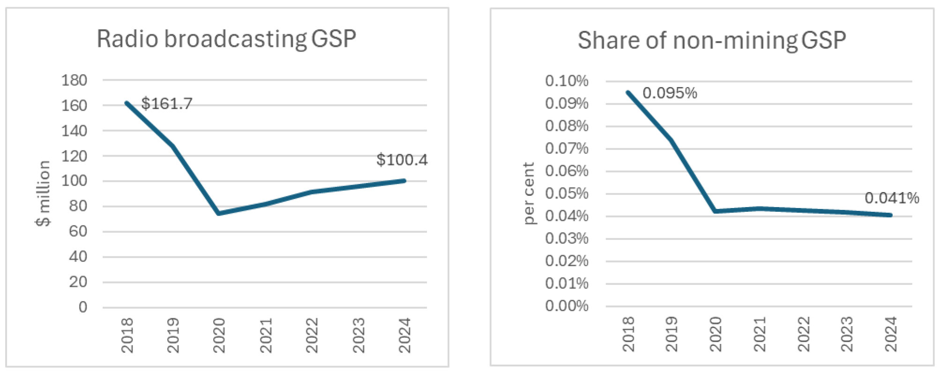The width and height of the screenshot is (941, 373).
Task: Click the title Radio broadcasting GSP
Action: (x=226, y=39)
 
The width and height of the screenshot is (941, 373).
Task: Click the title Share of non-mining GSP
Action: (x=711, y=40)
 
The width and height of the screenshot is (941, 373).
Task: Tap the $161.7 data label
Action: (x=166, y=104)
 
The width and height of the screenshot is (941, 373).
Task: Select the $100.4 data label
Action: (x=402, y=160)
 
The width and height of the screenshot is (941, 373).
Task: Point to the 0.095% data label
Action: (x=669, y=93)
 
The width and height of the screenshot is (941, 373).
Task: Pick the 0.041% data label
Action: (x=891, y=198)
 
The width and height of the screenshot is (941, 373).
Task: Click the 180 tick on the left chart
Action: (x=74, y=80)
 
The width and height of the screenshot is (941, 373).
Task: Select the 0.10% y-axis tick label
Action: (x=566, y=81)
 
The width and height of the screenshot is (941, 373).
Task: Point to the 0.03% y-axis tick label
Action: (x=566, y=239)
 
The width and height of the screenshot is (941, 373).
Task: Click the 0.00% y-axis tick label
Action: (x=566, y=306)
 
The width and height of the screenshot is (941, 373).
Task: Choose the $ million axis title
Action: (x=43, y=193)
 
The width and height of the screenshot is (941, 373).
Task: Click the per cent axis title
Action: (x=528, y=193)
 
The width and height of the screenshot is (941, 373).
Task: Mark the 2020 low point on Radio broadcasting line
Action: (x=219, y=213)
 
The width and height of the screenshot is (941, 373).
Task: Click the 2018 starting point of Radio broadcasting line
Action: (x=127, y=103)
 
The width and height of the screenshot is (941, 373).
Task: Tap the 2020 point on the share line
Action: (x=715, y=211)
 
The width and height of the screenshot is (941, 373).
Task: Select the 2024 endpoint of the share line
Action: (x=890, y=215)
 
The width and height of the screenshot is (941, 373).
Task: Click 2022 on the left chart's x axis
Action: (x=312, y=335)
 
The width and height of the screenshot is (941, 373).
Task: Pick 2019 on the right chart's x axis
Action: (x=672, y=334)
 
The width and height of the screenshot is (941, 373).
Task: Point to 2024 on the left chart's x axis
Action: (x=404, y=335)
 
